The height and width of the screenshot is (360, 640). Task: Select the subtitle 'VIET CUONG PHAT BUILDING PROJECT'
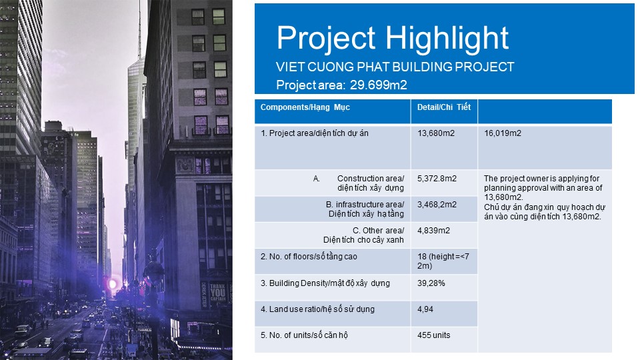(395, 67)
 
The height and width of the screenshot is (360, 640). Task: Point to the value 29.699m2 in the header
(379, 85)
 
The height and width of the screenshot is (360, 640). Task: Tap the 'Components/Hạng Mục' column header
(305, 107)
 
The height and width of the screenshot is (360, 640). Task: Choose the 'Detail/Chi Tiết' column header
(444, 107)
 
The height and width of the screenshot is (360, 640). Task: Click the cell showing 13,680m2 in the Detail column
(435, 133)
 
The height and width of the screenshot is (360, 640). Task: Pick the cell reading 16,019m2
(503, 133)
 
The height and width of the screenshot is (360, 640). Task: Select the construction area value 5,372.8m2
(437, 179)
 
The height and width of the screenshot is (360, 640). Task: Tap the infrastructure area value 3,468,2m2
(437, 205)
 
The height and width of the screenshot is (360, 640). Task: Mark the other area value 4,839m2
(433, 231)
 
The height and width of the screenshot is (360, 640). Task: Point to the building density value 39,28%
(431, 283)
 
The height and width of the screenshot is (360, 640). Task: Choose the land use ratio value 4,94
(425, 309)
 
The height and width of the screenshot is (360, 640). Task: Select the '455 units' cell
(433, 335)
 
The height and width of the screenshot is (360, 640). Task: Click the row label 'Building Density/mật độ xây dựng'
(325, 283)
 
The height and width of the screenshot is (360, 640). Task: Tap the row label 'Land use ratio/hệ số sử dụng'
(317, 309)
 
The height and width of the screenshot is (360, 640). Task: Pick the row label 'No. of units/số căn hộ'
(304, 335)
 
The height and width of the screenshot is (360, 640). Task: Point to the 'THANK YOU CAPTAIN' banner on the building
(217, 293)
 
